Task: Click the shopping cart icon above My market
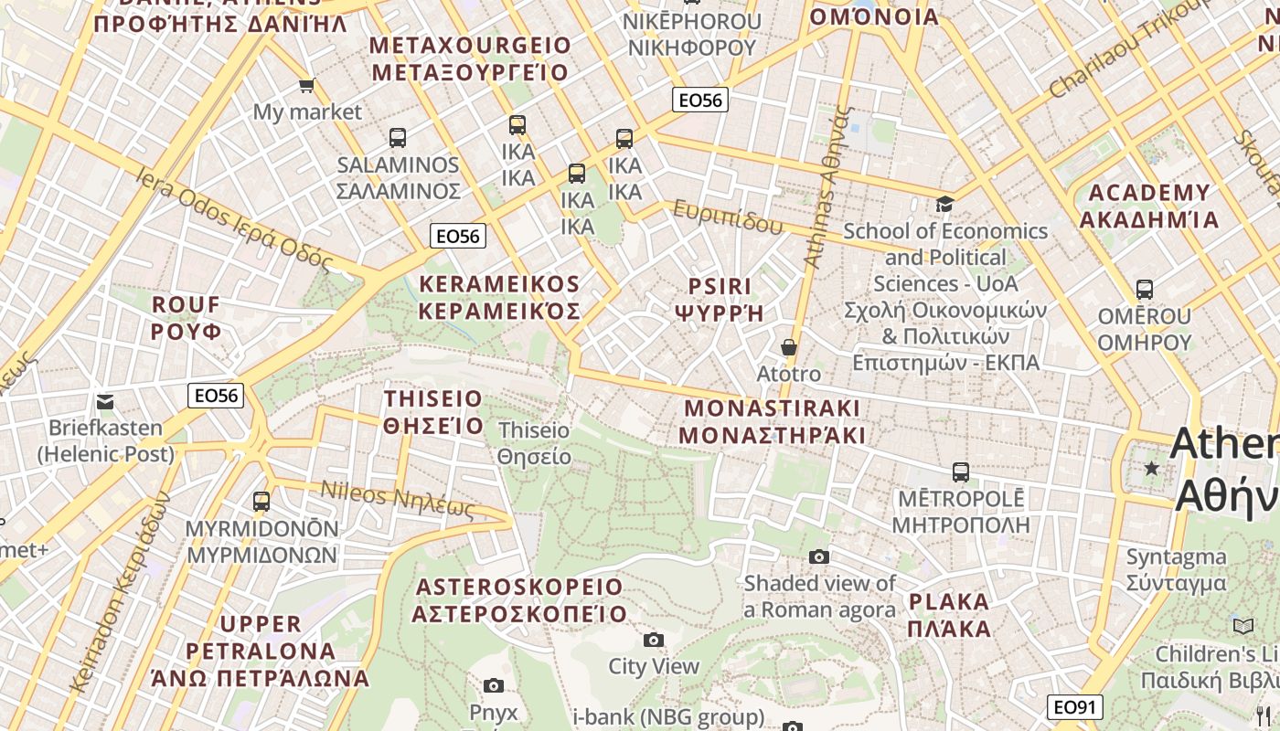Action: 306,85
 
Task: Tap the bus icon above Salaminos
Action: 397,138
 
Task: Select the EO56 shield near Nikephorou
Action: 699,100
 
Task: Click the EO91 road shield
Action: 1074,707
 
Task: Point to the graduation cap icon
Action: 944,204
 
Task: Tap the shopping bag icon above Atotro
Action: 788,347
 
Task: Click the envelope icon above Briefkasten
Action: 105,401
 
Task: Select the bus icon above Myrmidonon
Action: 261,502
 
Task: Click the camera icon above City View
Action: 653,640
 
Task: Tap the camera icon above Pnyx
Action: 493,685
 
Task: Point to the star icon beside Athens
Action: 1151,469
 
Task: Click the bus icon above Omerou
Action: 1144,291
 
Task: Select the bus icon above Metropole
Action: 960,472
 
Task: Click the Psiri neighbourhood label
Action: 718,299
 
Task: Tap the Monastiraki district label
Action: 773,420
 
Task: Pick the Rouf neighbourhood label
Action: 187,317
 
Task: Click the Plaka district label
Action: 949,615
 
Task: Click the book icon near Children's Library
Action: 1243,626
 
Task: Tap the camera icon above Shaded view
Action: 819,556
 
